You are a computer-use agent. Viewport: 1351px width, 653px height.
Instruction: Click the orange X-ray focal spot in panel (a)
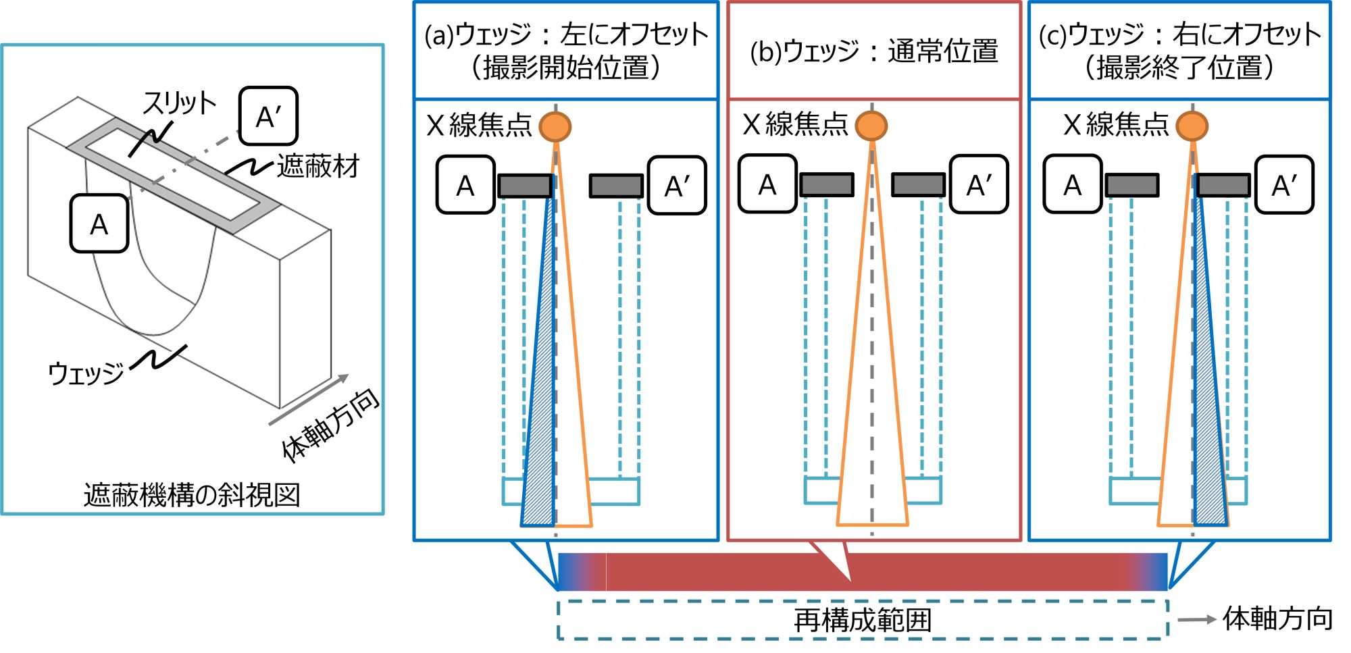[555, 126]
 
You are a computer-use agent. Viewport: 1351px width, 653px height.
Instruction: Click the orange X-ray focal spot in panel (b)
[871, 126]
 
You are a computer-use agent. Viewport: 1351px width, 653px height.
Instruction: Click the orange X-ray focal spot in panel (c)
[1192, 126]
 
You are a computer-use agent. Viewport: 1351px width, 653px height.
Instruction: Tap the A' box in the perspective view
[268, 116]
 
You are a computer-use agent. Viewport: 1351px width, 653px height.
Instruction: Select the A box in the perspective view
[99, 224]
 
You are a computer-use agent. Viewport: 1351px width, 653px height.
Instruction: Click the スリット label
[178, 103]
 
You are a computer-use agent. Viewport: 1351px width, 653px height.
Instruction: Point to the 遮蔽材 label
[318, 166]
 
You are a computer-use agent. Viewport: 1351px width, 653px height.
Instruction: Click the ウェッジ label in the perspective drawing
[86, 373]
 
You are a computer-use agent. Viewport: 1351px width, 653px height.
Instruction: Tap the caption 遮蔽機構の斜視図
[192, 495]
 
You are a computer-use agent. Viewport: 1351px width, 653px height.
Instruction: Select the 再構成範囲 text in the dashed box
[863, 620]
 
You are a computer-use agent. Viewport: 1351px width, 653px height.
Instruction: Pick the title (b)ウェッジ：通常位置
[873, 51]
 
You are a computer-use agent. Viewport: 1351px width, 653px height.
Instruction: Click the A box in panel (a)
[465, 185]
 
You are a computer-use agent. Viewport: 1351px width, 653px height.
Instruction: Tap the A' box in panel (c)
[1283, 185]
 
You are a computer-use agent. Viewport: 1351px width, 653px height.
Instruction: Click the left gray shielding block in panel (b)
[827, 184]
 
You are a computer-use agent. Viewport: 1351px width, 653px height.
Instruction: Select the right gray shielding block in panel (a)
[615, 186]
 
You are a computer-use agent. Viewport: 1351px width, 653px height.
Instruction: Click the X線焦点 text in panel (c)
[1116, 125]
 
